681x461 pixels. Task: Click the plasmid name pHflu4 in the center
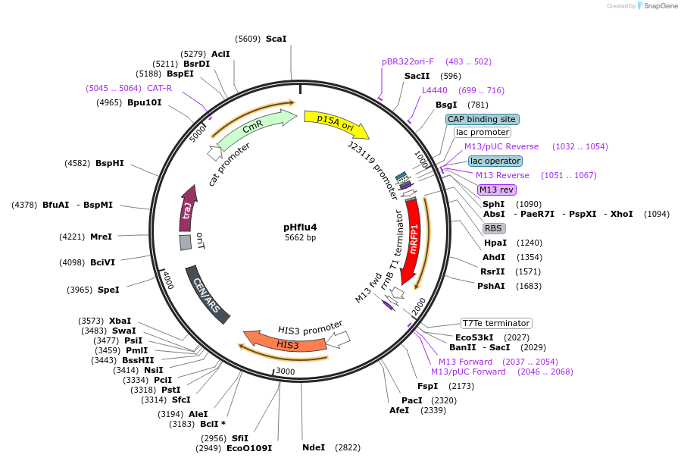[300, 227]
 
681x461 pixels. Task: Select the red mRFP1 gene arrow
[413, 243]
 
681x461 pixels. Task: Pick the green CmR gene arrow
[254, 128]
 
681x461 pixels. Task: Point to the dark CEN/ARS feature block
[207, 295]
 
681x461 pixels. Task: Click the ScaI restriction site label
[276, 39]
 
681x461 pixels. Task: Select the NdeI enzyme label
[313, 447]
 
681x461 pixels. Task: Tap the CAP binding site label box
[482, 119]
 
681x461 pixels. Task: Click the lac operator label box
[495, 161]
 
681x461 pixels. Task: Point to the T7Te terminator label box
[496, 323]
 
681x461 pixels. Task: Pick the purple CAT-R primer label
[160, 88]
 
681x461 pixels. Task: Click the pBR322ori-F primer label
[408, 61]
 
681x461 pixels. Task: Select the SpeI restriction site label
[108, 290]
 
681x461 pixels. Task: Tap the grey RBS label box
[493, 228]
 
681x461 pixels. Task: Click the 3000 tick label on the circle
[285, 371]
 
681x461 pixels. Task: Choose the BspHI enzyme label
[109, 163]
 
